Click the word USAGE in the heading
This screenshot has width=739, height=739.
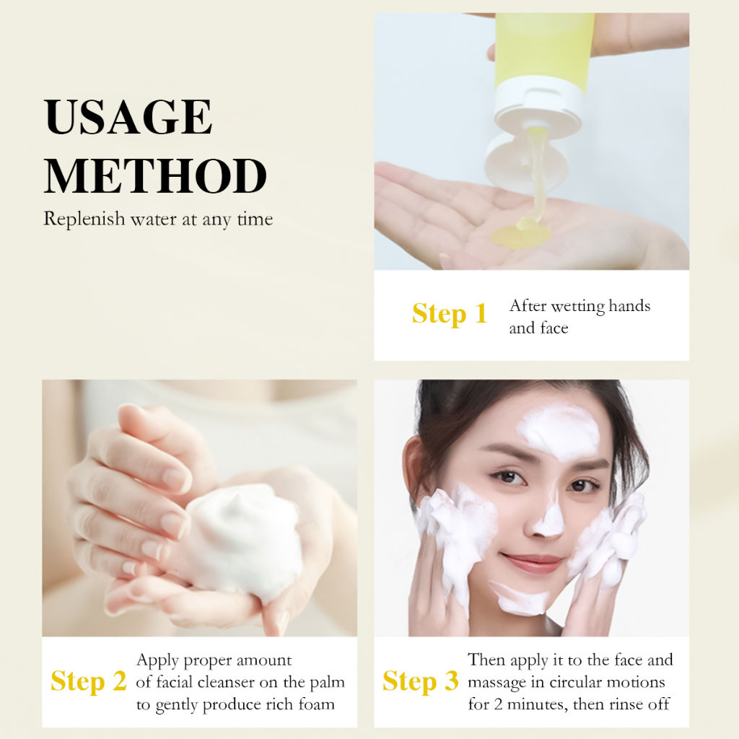coord(128,116)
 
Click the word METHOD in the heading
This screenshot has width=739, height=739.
coord(156,176)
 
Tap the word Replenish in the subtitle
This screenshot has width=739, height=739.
coord(84,219)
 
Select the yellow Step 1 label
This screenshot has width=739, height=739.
coord(450,314)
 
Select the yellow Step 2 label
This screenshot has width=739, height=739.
coord(89,681)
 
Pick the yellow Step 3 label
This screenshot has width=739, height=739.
coord(421,681)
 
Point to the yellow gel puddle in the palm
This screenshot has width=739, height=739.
coord(521,235)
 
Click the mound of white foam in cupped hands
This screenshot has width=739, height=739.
coord(245,542)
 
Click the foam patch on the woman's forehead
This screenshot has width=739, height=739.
coord(559,432)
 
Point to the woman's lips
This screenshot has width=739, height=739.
coord(533,561)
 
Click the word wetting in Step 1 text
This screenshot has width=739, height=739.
coord(578,307)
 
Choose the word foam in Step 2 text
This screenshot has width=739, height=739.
coord(317,704)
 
